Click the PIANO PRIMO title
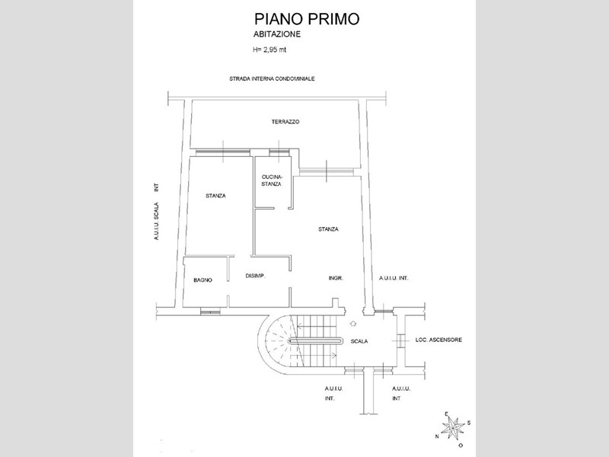tap(307, 18)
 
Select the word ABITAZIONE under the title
tap(277, 34)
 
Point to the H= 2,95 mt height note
tap(270, 50)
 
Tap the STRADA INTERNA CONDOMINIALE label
tap(272, 79)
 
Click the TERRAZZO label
tap(285, 122)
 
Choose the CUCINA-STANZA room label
tap(271, 181)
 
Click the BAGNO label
tap(202, 280)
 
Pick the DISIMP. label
tap(255, 276)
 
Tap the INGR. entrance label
tap(336, 278)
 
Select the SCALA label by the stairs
tap(359, 341)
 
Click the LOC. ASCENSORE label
tap(439, 340)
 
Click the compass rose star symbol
tap(453, 428)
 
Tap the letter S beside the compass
tap(469, 423)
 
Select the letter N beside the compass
tap(437, 436)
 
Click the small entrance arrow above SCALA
tap(353, 323)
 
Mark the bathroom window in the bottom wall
tap(210, 312)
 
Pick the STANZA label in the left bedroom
tap(215, 196)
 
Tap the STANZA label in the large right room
tap(328, 229)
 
